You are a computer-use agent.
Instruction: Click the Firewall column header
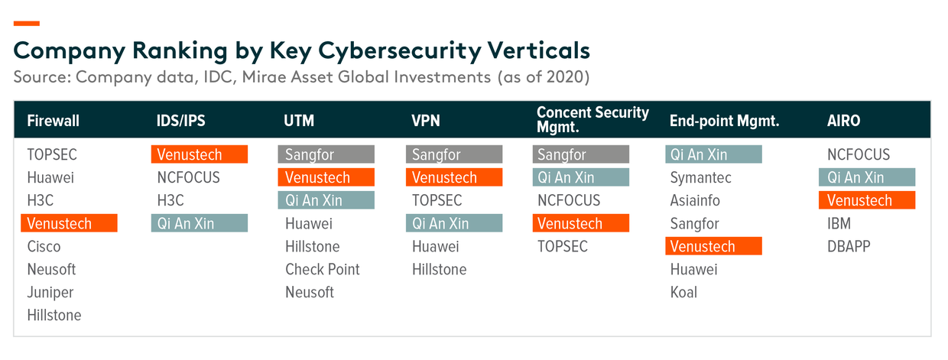click(53, 121)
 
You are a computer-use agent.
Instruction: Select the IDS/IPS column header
click(180, 121)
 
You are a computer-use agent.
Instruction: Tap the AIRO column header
click(843, 121)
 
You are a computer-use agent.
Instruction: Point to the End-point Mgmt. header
click(724, 121)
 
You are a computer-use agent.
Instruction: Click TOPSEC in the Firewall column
click(52, 154)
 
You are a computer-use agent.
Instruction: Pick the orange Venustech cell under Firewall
click(69, 223)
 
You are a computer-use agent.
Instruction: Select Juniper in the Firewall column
click(50, 292)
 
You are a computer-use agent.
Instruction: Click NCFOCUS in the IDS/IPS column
click(188, 177)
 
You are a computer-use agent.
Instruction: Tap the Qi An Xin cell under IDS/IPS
click(200, 223)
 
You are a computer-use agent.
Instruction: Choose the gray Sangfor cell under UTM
click(326, 154)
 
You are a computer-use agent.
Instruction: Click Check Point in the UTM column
click(323, 269)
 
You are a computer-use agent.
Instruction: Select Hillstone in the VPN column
click(440, 269)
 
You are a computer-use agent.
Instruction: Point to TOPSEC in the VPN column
click(437, 200)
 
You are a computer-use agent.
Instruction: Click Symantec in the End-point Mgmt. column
click(701, 177)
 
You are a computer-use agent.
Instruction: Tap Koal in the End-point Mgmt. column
click(683, 292)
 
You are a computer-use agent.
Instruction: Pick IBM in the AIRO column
click(839, 223)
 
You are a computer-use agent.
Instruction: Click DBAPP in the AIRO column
click(849, 246)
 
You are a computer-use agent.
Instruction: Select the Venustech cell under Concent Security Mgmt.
click(581, 223)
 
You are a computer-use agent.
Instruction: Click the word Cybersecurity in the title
click(400, 51)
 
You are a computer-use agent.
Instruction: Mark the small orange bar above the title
click(27, 23)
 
